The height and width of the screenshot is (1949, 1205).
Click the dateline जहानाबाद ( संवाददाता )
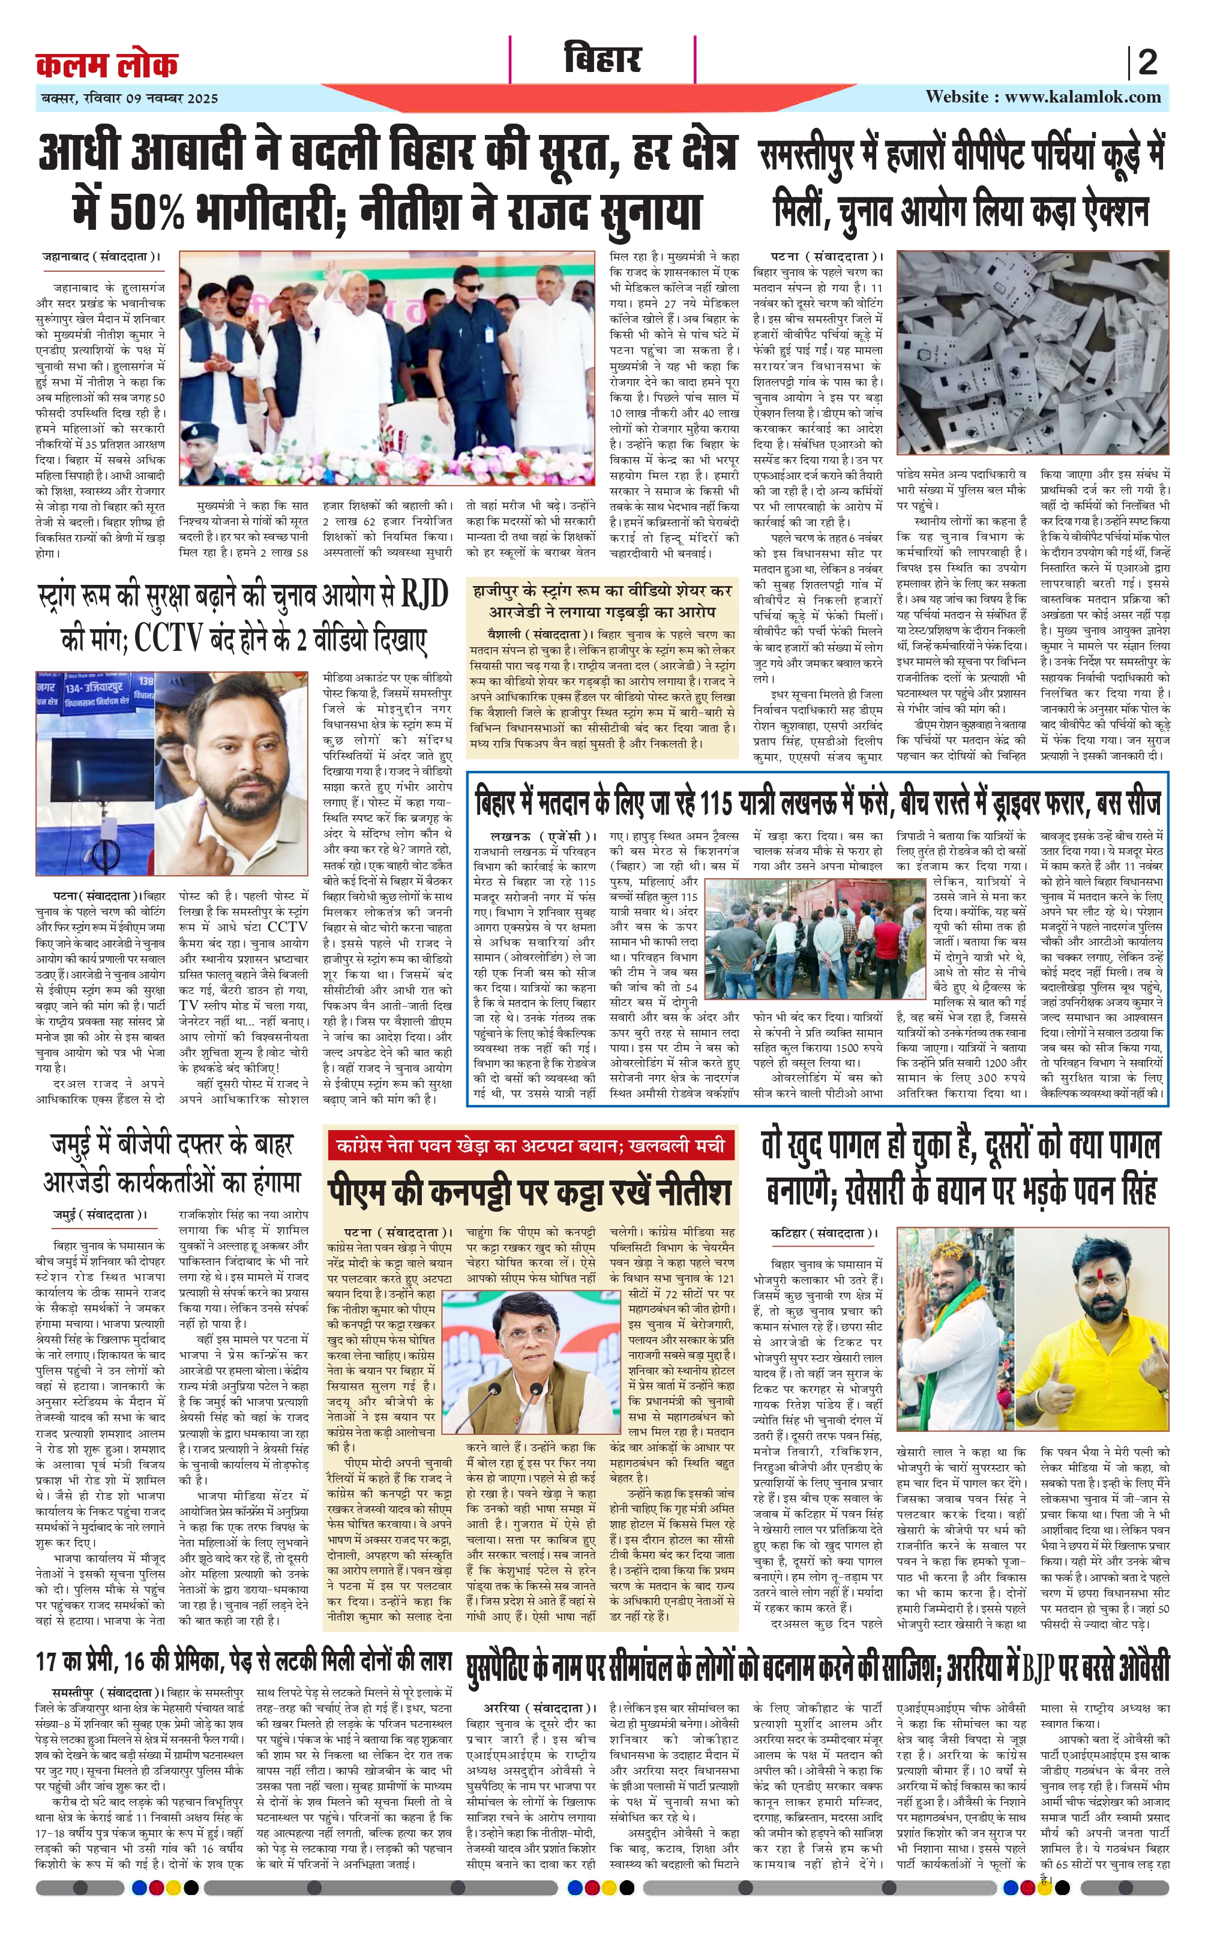coord(100,257)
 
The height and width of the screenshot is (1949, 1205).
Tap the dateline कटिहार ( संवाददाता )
coord(823,1233)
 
